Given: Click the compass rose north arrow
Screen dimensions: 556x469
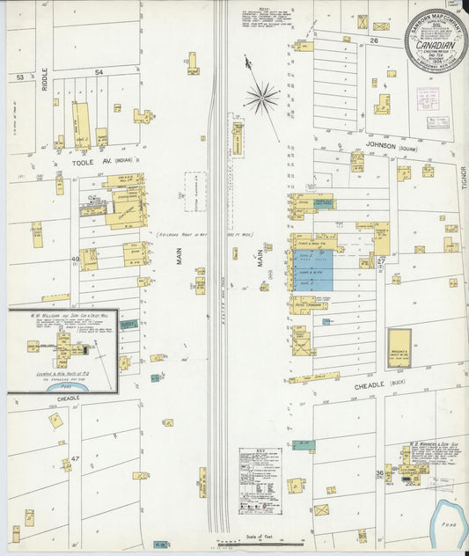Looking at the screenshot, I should tap(261, 98).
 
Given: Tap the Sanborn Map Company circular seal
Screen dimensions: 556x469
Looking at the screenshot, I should tap(436, 40).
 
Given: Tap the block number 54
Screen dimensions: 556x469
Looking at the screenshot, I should tap(99, 71).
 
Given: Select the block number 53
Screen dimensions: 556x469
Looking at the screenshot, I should tap(18, 77).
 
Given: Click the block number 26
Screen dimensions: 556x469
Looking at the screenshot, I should tap(373, 40).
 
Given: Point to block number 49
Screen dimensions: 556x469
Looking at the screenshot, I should tap(76, 260).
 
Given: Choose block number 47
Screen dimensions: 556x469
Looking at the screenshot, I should tap(76, 458).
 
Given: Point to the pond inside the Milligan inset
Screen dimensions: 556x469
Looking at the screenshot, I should tap(63, 384).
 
